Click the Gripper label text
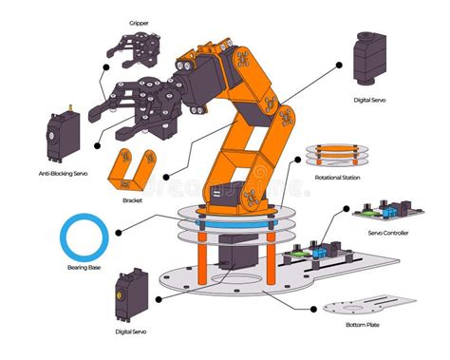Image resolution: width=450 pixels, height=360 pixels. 139,22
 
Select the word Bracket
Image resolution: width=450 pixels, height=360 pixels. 132,200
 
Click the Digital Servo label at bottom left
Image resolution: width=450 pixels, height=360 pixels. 130,332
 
